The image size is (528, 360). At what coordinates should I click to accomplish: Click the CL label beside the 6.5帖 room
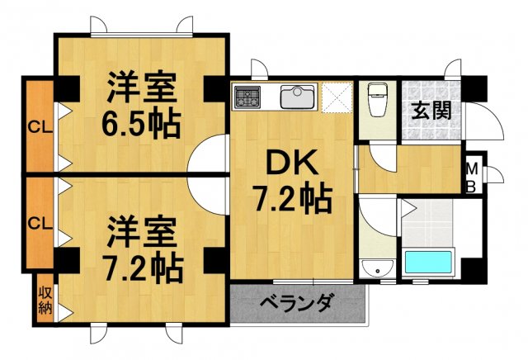click(x=37, y=127)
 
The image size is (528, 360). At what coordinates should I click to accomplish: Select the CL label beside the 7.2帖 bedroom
click(x=37, y=223)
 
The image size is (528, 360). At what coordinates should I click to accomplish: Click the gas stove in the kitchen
click(x=247, y=98)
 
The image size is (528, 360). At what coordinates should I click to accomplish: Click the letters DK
click(x=290, y=164)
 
